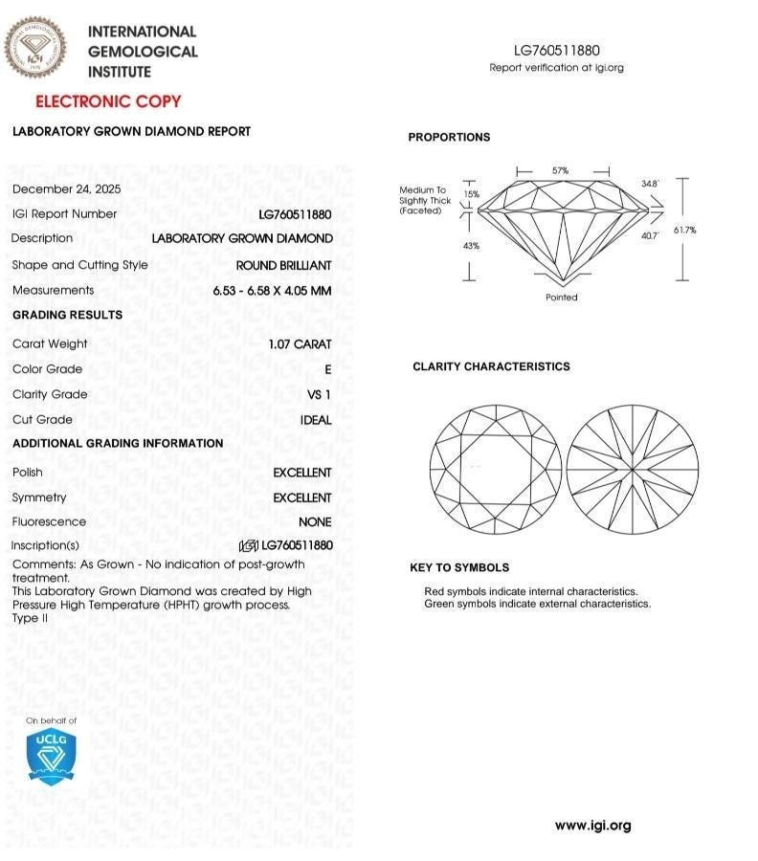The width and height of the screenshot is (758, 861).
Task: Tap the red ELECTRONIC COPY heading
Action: click(x=108, y=101)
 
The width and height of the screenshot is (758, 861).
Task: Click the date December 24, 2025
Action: click(x=66, y=188)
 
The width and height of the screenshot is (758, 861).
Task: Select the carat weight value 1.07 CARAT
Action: click(x=301, y=343)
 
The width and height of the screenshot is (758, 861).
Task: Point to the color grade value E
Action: click(x=328, y=369)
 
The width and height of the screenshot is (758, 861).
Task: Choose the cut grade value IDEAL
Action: click(x=316, y=420)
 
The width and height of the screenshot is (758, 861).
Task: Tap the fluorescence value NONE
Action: click(x=315, y=522)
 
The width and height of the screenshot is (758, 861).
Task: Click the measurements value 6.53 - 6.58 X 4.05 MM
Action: click(x=272, y=290)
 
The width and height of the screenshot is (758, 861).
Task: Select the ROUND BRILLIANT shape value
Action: click(x=284, y=265)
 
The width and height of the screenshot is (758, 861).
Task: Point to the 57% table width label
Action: click(x=560, y=170)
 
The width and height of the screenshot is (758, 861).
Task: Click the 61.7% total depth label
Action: click(x=711, y=230)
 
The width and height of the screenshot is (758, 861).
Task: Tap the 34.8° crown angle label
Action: click(x=651, y=184)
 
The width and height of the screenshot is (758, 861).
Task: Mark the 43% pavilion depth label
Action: click(x=471, y=246)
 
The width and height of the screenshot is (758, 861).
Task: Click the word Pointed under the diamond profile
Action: click(x=562, y=298)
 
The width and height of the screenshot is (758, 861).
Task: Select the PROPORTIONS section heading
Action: click(x=449, y=138)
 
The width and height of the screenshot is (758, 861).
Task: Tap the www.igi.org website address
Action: click(x=592, y=826)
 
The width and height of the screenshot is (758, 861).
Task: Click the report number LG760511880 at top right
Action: click(x=556, y=51)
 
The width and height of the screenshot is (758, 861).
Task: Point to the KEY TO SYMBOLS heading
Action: click(x=459, y=567)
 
